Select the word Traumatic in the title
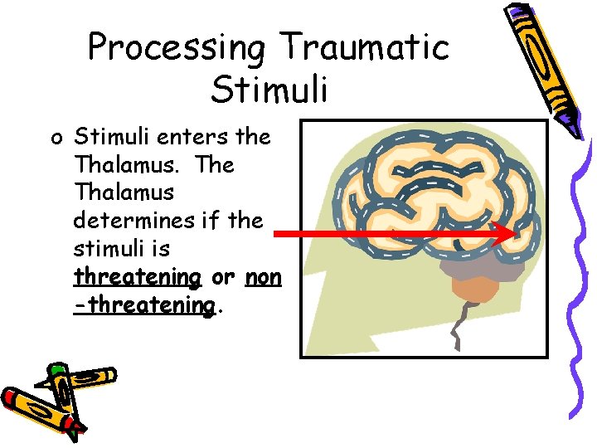click(365, 47)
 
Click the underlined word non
click(265, 277)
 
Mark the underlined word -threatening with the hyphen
click(144, 305)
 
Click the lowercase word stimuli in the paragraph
click(108, 249)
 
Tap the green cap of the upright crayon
click(56, 368)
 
